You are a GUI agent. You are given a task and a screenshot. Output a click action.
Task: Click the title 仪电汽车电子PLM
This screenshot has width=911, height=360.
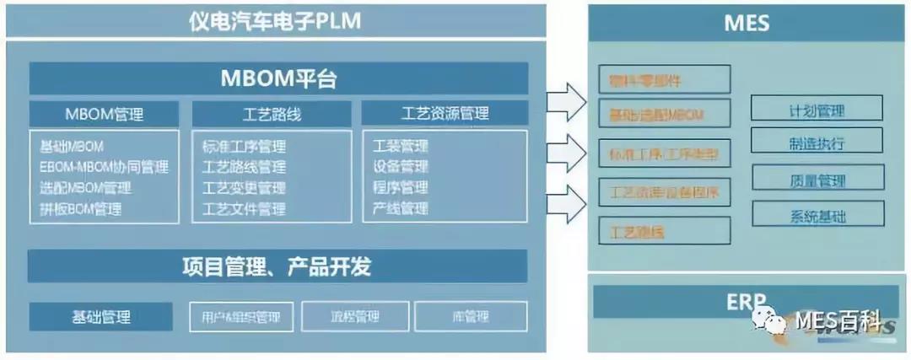pyautogui.click(x=275, y=20)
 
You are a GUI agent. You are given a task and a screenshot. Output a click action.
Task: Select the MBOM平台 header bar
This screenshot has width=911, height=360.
pyautogui.click(x=278, y=79)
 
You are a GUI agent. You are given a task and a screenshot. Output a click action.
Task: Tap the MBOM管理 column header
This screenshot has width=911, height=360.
pyautogui.click(x=105, y=114)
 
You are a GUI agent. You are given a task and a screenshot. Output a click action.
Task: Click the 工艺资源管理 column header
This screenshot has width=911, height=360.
pyautogui.click(x=445, y=114)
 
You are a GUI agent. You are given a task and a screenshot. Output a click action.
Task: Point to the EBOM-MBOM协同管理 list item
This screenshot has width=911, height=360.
pyautogui.click(x=104, y=167)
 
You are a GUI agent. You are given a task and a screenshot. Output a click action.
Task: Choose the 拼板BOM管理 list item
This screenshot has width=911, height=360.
pyautogui.click(x=80, y=208)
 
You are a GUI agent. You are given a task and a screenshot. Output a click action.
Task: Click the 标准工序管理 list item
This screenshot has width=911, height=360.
pyautogui.click(x=244, y=147)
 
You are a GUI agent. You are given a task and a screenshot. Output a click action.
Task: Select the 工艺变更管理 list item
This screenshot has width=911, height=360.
pyautogui.click(x=244, y=187)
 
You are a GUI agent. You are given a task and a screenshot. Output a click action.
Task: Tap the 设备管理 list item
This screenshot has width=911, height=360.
pyautogui.click(x=401, y=167)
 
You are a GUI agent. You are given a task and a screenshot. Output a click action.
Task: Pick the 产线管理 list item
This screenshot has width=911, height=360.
pyautogui.click(x=401, y=208)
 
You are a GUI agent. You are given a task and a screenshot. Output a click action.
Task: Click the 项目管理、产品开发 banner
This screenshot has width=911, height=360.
pyautogui.click(x=278, y=267)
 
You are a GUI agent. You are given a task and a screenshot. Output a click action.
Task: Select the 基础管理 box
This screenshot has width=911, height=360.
pyautogui.click(x=100, y=317)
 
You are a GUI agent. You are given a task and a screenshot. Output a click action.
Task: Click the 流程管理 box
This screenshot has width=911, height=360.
pyautogui.click(x=355, y=317)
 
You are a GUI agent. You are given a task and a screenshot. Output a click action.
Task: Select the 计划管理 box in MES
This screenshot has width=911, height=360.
pyautogui.click(x=817, y=110)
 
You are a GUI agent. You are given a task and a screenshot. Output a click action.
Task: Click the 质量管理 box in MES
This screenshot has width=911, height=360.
pyautogui.click(x=817, y=180)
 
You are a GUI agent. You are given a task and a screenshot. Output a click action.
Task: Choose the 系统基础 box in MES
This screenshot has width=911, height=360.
pyautogui.click(x=817, y=216)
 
